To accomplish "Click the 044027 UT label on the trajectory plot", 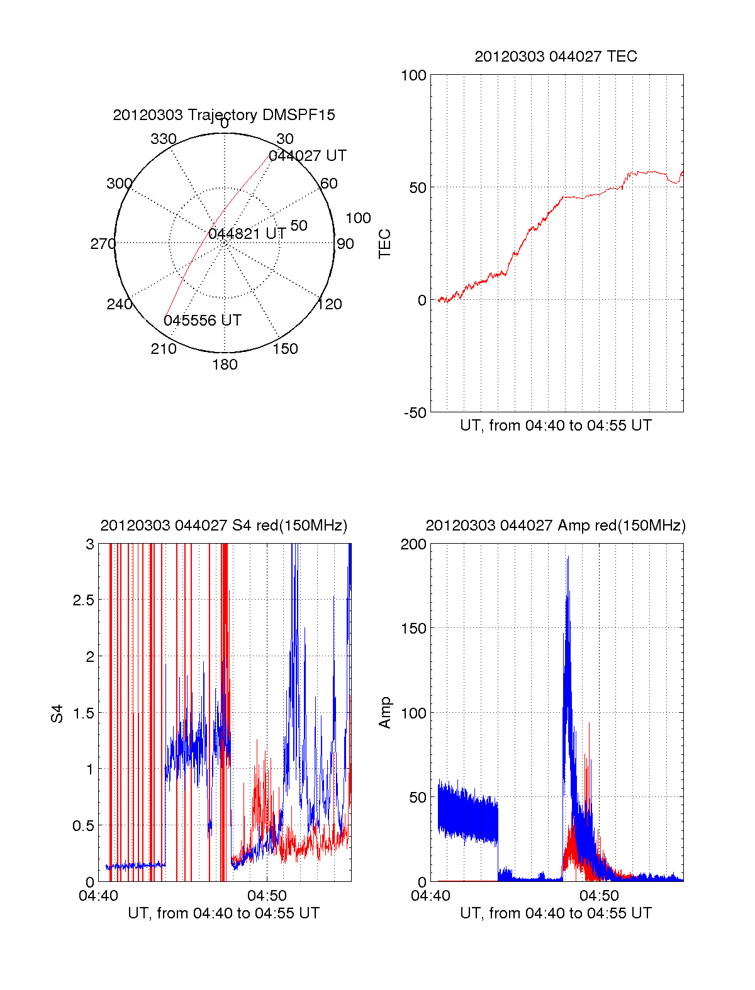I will point(308,156).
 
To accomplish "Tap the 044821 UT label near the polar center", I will point(247,234).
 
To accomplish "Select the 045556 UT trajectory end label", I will point(203,321).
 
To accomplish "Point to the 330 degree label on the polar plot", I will point(164,139).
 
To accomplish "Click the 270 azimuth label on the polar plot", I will point(103,244).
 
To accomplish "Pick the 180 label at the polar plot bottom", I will point(225,365).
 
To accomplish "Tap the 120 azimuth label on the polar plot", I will point(330,304).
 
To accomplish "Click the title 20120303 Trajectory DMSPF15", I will point(224,115).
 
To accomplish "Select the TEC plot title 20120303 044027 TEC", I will point(556,57).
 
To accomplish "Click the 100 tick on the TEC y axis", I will point(413,75).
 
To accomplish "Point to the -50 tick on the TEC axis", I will point(415,413).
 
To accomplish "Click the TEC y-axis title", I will point(385,244).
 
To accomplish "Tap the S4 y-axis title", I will point(57,713).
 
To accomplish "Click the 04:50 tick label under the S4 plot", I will point(267,895).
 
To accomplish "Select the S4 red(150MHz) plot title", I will point(223,525).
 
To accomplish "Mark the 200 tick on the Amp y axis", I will point(413,544).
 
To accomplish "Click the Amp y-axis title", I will point(385,713).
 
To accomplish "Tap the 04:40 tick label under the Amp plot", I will point(430,895).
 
